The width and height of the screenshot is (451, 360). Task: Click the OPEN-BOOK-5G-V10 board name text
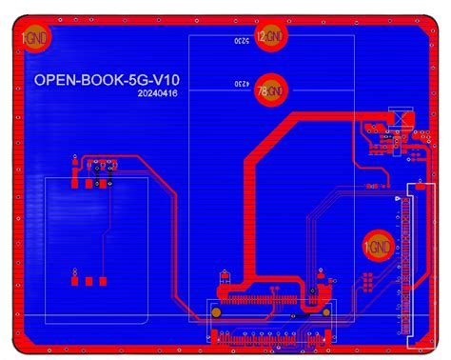(x=108, y=81)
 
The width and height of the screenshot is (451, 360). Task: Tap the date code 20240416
(x=156, y=94)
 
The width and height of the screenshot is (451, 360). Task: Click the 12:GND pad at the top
(x=271, y=37)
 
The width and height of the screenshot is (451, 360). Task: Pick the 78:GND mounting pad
(x=271, y=90)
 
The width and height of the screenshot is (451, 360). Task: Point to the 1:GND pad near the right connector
(x=379, y=247)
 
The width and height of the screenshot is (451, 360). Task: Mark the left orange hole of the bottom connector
(x=217, y=311)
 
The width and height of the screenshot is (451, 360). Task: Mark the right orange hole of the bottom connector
(x=324, y=311)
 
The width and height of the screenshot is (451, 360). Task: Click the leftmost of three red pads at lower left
(x=73, y=281)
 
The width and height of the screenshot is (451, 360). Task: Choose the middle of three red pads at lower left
(x=88, y=281)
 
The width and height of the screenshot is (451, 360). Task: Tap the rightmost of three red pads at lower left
(x=99, y=281)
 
